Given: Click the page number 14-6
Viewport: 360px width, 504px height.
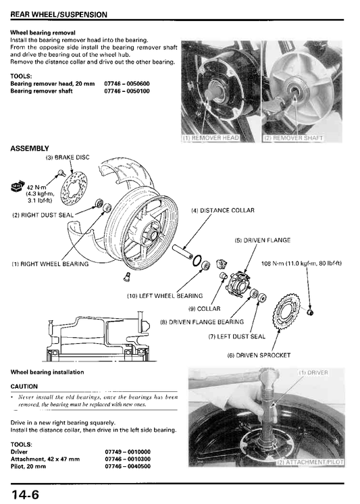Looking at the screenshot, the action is pyautogui.click(x=25, y=495).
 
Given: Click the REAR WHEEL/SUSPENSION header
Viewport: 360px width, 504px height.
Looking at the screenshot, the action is pyautogui.click(x=59, y=15).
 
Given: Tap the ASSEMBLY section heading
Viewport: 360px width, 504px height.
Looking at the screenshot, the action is pyautogui.click(x=30, y=148).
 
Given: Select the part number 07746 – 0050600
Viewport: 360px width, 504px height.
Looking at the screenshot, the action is pyautogui.click(x=127, y=84).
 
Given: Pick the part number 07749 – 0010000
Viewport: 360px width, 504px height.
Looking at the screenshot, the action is pyautogui.click(x=128, y=451).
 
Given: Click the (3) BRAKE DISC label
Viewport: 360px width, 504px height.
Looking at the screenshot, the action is pyautogui.click(x=68, y=157).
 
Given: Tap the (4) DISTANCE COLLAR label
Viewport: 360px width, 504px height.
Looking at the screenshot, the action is pyautogui.click(x=223, y=211).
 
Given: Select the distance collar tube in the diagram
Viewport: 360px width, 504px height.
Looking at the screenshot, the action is pyautogui.click(x=182, y=251).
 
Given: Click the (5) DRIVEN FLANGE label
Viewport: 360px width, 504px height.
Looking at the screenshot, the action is pyautogui.click(x=263, y=240).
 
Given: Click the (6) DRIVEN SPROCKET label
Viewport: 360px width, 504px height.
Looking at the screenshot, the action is pyautogui.click(x=259, y=355).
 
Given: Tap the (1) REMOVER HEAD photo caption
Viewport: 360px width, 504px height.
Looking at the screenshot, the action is pyautogui.click(x=211, y=138).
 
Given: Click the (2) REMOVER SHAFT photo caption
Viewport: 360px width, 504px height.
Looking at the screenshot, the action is pyautogui.click(x=293, y=138).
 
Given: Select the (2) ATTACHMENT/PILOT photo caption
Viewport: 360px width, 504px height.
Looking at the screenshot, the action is pyautogui.click(x=311, y=462).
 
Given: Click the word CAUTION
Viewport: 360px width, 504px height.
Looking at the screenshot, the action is pyautogui.click(x=24, y=386).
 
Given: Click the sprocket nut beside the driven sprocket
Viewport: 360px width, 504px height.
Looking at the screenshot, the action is pyautogui.click(x=310, y=312).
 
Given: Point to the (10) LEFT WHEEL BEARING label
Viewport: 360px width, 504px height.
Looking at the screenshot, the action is pyautogui.click(x=165, y=296).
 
